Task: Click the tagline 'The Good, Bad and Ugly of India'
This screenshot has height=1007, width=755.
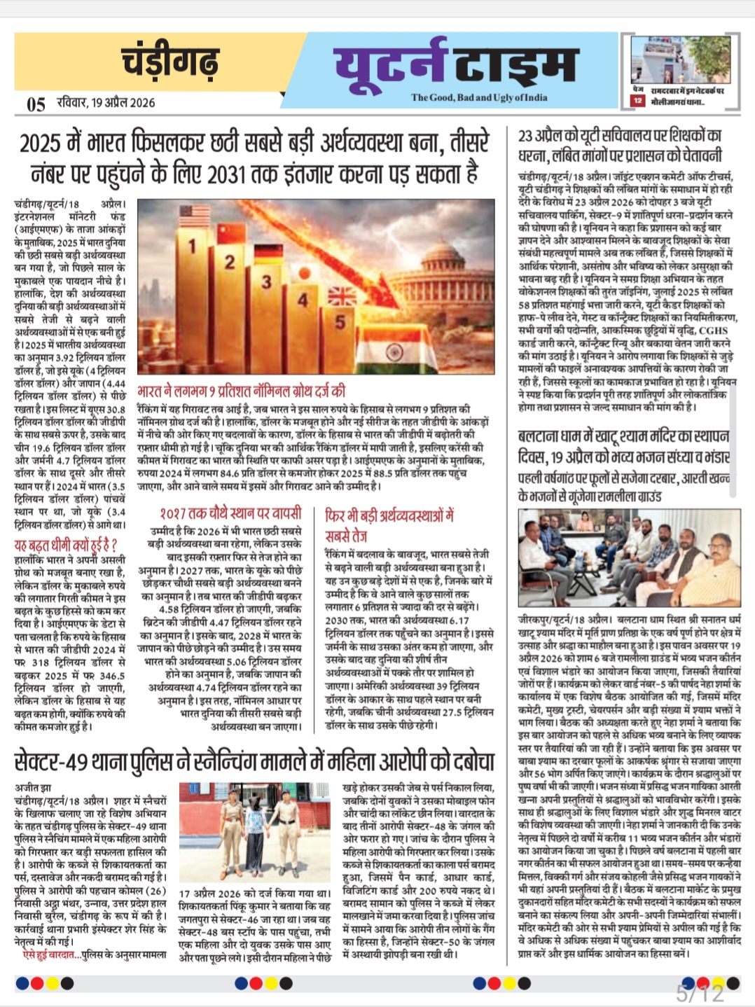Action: point(479,97)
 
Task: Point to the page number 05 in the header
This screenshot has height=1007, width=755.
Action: point(36,104)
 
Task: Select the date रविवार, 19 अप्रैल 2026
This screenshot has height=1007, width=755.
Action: point(106,103)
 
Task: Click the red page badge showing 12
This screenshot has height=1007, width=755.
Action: point(637,102)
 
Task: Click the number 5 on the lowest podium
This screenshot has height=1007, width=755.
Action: point(340,322)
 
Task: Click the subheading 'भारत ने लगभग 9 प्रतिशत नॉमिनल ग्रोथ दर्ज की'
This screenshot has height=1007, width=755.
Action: point(242,391)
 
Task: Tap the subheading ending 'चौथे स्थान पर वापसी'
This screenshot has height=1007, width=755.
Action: point(230,513)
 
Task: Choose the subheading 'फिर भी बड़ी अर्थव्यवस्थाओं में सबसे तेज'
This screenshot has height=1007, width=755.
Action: point(389,525)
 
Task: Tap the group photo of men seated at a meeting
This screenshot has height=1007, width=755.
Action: point(627,559)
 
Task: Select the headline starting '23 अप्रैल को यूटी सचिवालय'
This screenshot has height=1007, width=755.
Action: point(620,145)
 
